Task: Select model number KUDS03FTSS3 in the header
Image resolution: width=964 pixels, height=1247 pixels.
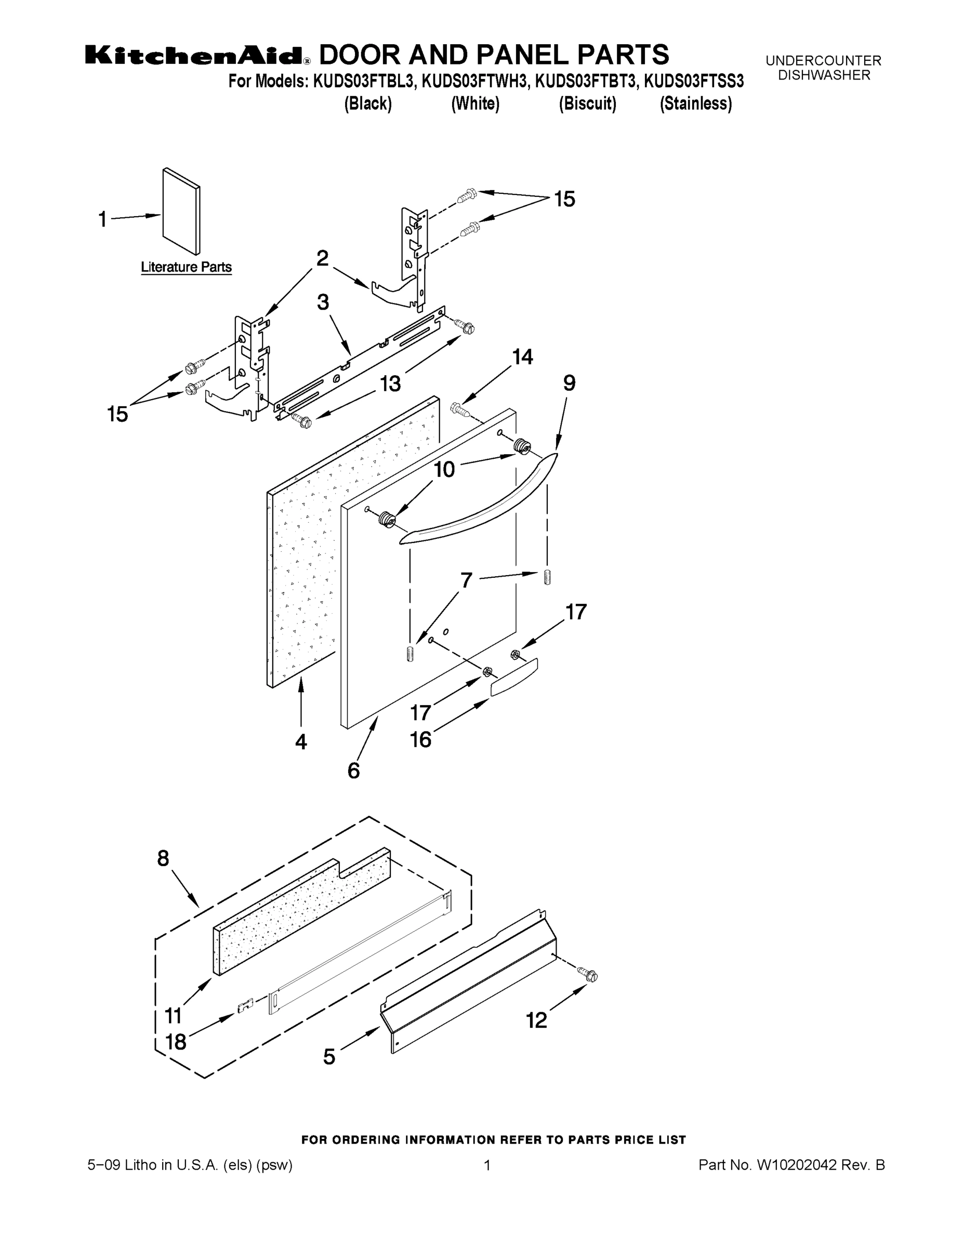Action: tap(693, 82)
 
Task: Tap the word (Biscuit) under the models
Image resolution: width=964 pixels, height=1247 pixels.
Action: tap(587, 104)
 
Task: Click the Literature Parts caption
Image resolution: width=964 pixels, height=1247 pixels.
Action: tap(186, 267)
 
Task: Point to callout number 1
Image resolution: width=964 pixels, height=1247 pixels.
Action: tap(103, 219)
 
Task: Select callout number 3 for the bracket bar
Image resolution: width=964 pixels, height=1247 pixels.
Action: tap(323, 302)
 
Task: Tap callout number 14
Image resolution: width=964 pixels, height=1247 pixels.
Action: tap(522, 357)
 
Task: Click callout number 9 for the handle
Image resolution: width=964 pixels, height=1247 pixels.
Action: tap(570, 383)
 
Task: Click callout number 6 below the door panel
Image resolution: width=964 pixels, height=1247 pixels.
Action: tap(353, 771)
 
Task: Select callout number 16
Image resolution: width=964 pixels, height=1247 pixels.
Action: tap(421, 740)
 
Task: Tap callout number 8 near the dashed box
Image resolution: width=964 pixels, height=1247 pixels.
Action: tap(163, 858)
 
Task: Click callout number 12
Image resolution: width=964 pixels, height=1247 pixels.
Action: tap(536, 1020)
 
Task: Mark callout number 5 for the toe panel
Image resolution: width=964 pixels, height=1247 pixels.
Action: tap(329, 1056)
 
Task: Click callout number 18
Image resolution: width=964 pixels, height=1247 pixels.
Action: tap(176, 1042)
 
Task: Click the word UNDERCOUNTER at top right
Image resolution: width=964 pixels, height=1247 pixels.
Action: tap(823, 60)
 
